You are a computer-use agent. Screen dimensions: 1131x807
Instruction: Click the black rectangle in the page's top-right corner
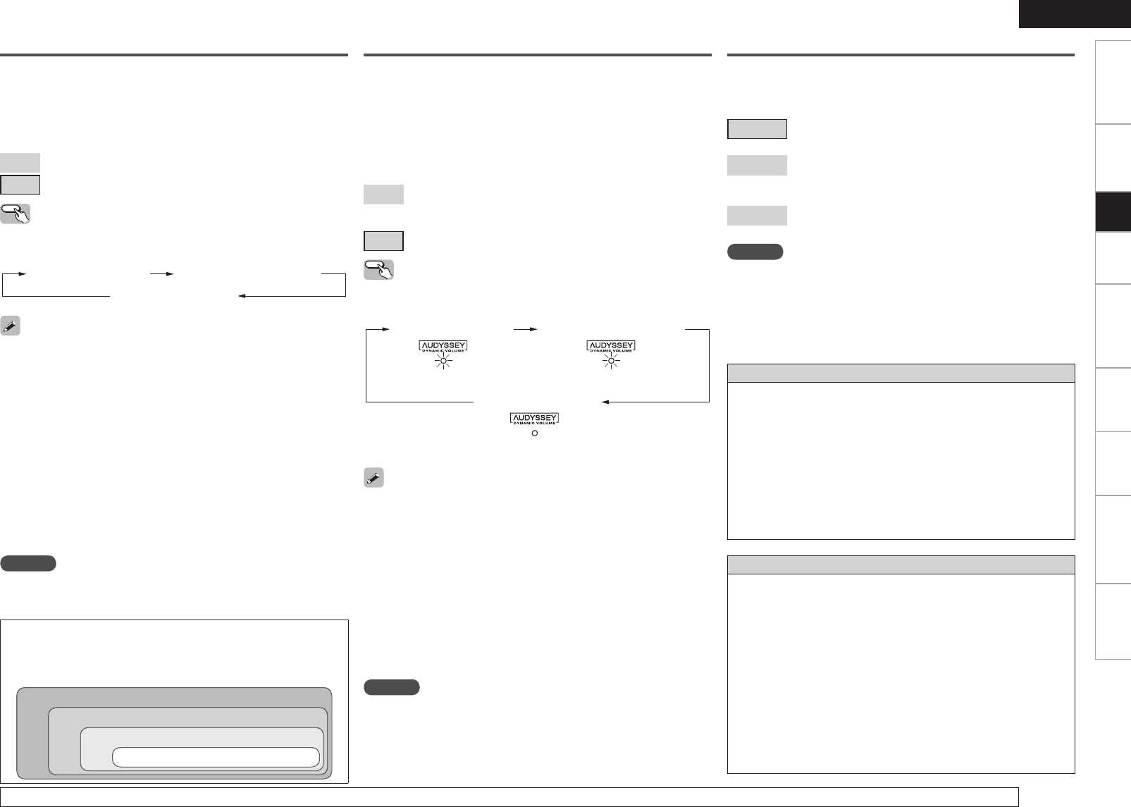[x=1073, y=14]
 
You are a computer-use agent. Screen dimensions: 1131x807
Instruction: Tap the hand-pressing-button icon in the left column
[x=16, y=214]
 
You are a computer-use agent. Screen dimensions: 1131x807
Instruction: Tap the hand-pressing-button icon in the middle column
[x=378, y=270]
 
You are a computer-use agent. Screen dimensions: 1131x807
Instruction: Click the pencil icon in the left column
[x=11, y=326]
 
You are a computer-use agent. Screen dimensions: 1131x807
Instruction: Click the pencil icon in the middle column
[x=373, y=478]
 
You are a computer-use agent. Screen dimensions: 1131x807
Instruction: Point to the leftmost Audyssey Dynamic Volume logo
[x=443, y=347]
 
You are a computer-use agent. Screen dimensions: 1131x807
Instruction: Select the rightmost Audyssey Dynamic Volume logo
[x=611, y=347]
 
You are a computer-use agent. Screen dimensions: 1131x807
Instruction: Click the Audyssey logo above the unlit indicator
[x=534, y=419]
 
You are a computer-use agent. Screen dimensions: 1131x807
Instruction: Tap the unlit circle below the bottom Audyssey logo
[x=534, y=433]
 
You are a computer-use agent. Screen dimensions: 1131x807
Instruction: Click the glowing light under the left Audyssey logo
[x=443, y=362]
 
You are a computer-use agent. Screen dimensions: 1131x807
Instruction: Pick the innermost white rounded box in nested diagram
[x=215, y=757]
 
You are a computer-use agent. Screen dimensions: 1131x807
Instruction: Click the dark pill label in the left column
[x=28, y=563]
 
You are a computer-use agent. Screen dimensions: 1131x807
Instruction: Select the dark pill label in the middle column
[x=392, y=687]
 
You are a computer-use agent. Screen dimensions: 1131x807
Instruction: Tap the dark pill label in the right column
[x=755, y=252]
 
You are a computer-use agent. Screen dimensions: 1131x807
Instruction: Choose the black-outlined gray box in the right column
[x=757, y=129]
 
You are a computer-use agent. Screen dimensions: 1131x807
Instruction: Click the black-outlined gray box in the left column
[x=20, y=185]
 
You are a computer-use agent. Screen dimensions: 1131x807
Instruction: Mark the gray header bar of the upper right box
[x=901, y=373]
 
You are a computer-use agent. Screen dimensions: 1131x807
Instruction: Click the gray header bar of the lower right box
[x=901, y=565]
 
